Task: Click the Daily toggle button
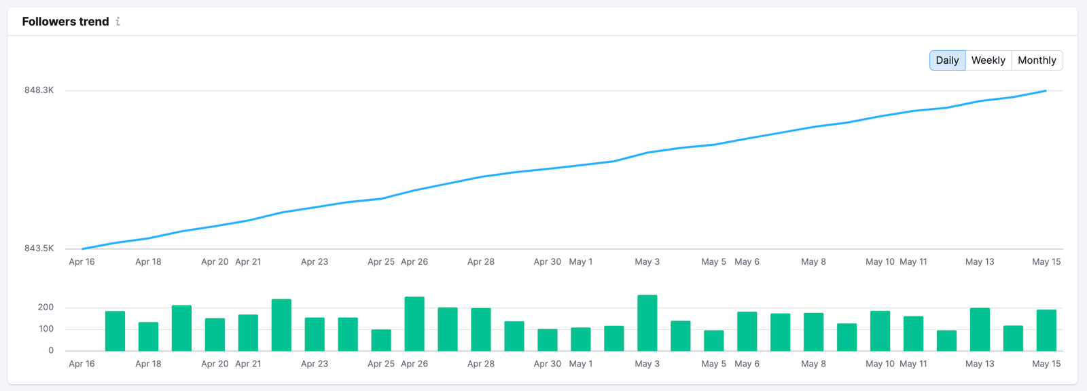947,60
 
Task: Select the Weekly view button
988,60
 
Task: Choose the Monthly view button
1037,60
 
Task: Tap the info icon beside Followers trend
118,22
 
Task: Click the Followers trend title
65,22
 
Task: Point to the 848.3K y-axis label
39,90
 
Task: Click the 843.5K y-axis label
39,248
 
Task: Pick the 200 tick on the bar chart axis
46,308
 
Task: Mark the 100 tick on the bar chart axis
46,329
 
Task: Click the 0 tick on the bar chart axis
51,351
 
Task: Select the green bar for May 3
647,323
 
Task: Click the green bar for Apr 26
414,324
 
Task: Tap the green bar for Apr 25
381,340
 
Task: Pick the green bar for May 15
1046,331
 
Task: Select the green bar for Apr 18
148,337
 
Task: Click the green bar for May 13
980,329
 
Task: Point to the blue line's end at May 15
1046,91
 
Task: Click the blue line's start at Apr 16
82,248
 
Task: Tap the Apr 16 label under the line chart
82,262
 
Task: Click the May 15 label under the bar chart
1046,364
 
